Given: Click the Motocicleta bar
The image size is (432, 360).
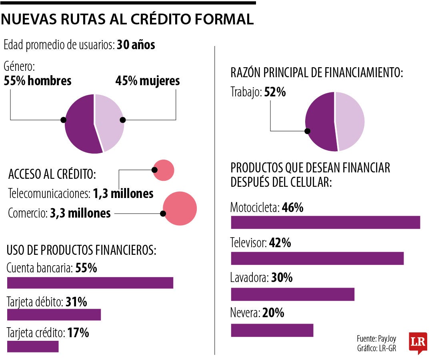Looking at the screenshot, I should [325, 222].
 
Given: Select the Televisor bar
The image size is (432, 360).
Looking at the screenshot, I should [317, 258].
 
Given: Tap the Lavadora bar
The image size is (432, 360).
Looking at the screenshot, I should [292, 294].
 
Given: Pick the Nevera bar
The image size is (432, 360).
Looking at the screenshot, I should [272, 330].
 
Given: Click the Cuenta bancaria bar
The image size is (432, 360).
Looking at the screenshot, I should [90, 282].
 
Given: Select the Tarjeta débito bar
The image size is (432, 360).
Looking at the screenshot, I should [54, 314].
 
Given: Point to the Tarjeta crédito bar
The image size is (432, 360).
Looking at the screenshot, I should [33, 346].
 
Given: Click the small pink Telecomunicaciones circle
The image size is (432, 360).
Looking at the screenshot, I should [164, 170].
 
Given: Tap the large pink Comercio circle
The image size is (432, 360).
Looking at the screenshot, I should [180, 208].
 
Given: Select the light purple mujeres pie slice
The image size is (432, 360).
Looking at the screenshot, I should [110, 120].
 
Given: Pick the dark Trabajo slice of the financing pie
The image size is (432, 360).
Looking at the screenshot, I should [320, 122].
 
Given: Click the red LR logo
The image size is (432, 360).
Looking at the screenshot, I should [418, 342].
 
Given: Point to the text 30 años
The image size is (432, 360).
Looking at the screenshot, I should [136, 45].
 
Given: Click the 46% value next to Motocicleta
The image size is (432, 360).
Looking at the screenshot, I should [292, 208].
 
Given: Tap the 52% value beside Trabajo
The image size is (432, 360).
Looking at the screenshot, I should [275, 92].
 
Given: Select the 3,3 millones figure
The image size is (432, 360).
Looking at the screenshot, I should [80, 213].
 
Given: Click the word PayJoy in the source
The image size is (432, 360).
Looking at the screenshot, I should [387, 338].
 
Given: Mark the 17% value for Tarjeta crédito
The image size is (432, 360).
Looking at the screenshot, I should [78, 333].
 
